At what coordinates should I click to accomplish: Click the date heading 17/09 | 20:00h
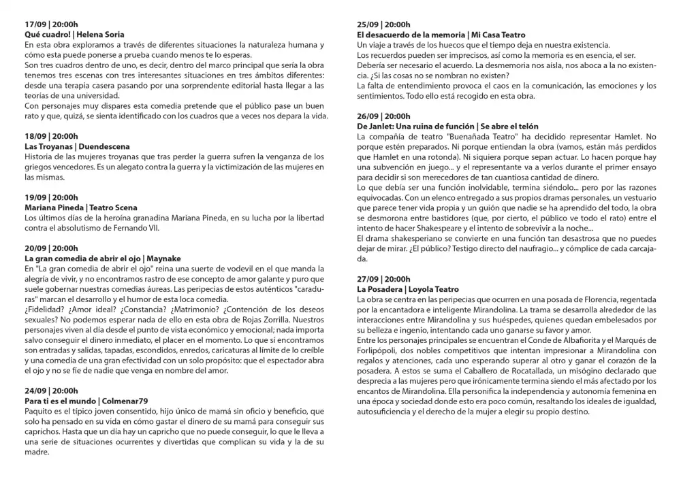(51, 24)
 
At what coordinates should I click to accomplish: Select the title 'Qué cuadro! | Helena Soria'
(74, 34)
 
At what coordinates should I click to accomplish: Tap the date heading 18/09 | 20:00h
(51, 136)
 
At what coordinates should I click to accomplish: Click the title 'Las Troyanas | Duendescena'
(77, 146)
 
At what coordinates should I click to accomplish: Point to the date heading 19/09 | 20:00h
(51, 197)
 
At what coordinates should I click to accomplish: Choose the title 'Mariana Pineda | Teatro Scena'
(80, 208)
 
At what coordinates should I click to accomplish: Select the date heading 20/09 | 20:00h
(51, 248)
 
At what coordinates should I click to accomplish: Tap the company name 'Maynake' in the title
(163, 259)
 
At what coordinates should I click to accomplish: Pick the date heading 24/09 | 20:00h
(51, 391)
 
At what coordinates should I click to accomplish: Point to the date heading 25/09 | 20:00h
(383, 24)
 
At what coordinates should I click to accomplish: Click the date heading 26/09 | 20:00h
(383, 116)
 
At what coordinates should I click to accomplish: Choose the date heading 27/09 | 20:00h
(383, 279)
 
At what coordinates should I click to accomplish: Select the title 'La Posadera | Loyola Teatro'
(408, 289)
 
